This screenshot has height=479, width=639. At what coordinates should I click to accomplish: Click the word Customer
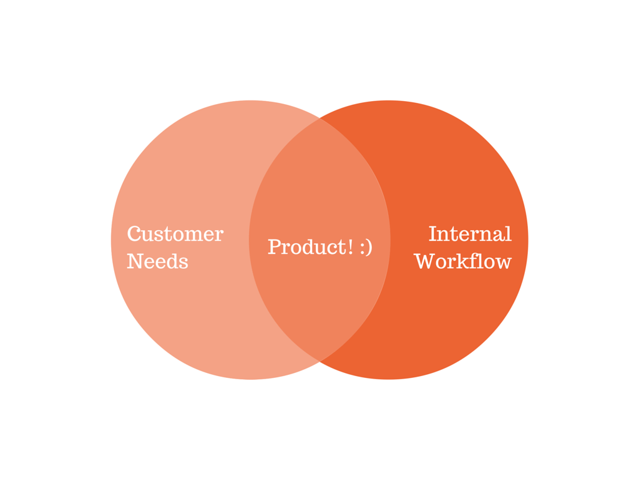click(175, 235)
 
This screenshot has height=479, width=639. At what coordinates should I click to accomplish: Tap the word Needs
click(157, 261)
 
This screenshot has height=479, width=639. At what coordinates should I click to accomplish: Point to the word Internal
click(470, 235)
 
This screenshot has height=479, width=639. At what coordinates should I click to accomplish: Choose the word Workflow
click(462, 261)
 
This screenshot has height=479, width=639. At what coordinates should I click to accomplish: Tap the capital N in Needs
click(135, 261)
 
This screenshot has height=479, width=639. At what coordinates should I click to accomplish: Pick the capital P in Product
click(274, 247)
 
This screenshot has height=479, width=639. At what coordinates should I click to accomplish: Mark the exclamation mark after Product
click(351, 247)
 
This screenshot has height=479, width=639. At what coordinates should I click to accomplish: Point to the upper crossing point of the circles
click(319, 118)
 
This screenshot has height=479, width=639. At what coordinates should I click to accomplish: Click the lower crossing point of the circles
click(319, 361)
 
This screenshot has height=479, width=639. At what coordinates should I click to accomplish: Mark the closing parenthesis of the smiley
click(369, 248)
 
